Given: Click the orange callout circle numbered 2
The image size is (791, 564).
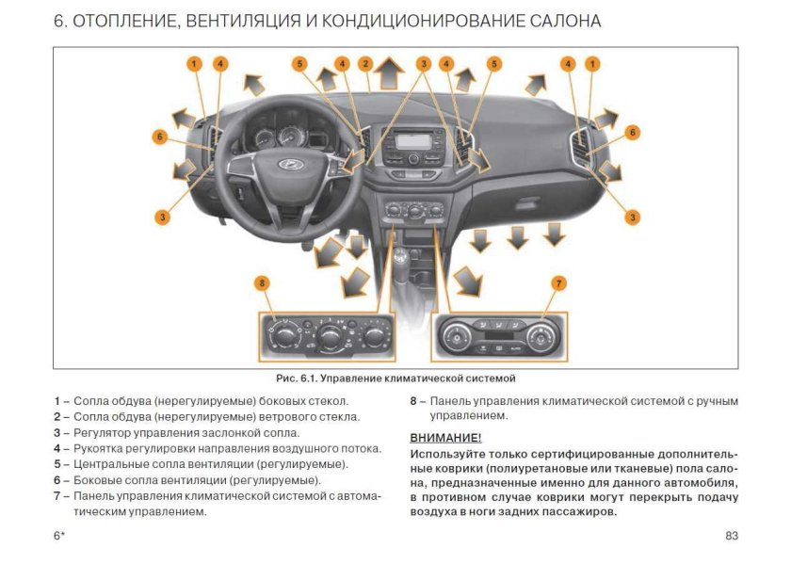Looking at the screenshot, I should pos(364,64).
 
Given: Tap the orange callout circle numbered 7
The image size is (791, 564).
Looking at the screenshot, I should pos(558,282).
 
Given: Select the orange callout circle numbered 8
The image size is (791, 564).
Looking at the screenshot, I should pos(262,282).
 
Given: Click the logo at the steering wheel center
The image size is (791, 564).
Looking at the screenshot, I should pos(284,164).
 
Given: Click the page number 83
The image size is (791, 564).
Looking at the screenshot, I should pos(732,536).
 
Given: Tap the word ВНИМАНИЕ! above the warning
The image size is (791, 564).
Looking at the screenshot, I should pos(445,438).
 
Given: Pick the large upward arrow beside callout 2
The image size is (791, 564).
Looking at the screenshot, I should pos(386,73).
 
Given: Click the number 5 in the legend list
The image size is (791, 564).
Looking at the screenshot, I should pos(57,464).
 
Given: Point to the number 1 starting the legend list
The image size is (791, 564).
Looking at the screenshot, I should pos(57,400).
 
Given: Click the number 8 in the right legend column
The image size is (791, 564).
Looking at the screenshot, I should pos(413,400).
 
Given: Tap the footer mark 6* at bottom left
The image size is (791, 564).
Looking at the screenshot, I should pos(58,536).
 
